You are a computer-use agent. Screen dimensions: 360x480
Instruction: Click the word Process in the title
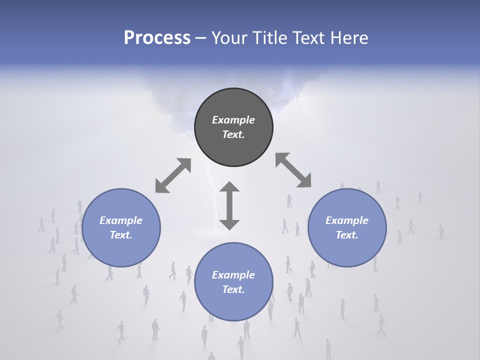157,38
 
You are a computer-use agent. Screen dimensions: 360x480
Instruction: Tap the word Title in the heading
269,38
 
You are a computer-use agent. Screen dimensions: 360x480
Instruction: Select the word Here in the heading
348,38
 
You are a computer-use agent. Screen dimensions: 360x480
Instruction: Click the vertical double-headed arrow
229,205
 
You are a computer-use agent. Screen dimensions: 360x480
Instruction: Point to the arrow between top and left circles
173,175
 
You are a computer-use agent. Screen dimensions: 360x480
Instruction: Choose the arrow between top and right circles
293,170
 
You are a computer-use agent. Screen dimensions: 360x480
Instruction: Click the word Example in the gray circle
233,120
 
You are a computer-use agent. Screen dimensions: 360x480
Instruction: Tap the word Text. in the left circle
121,235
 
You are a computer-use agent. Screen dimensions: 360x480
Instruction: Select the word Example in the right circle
347,220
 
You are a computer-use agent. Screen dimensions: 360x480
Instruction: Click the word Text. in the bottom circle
233,289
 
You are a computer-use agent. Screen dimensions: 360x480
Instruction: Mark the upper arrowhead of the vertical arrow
229,187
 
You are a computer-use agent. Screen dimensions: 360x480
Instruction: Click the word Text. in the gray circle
233,134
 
